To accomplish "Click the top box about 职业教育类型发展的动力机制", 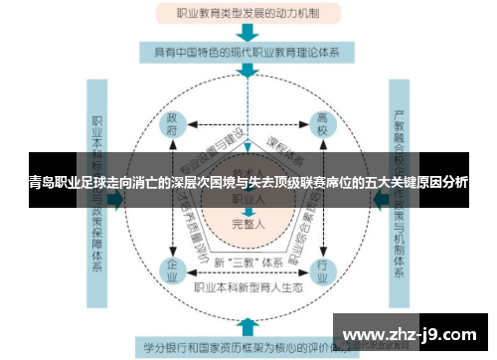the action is [x=248, y=14].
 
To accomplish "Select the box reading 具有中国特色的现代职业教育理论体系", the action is [x=248, y=53].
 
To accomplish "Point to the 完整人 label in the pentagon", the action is [x=248, y=224].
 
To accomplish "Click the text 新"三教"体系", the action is [x=247, y=263].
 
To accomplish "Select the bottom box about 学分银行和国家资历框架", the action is [x=248, y=348].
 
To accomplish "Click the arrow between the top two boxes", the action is [x=248, y=33].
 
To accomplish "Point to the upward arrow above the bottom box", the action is [x=248, y=325].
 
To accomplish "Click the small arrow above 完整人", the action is [x=248, y=211].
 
